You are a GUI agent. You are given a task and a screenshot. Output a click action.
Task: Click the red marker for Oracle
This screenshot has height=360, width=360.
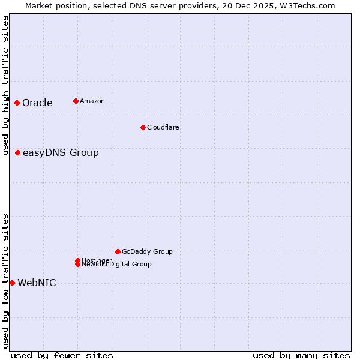17,103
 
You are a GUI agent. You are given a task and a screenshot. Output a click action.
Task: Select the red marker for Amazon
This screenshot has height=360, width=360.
76,101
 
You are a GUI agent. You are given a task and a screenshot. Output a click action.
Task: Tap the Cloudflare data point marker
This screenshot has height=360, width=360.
143,127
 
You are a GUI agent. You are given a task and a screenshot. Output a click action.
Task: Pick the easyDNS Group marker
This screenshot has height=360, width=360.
18,152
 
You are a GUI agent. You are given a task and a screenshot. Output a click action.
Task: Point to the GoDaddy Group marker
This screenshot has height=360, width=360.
118,251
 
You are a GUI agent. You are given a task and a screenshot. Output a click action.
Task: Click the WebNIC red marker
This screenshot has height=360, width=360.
12,283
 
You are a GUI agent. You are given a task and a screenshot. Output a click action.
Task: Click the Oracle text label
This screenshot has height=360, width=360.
37,103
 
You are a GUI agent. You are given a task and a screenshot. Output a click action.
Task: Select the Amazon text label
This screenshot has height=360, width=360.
92,101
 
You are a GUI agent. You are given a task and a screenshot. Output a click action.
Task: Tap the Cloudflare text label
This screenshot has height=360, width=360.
163,127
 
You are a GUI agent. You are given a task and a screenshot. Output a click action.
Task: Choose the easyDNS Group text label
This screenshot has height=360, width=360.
61,152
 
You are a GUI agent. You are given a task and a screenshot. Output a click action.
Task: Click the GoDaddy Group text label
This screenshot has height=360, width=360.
147,251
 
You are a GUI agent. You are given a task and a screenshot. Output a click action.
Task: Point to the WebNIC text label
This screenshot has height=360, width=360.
37,283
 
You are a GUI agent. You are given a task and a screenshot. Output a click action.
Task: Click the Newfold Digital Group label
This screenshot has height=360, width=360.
116,264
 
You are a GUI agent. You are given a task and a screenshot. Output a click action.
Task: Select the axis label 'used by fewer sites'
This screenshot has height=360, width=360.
61,355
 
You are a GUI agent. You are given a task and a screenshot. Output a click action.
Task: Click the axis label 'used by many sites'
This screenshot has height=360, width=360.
301,355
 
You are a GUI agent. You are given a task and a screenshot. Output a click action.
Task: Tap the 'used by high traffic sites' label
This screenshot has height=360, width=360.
5,85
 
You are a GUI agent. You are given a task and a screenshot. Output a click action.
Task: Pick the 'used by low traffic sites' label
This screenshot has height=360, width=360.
5,281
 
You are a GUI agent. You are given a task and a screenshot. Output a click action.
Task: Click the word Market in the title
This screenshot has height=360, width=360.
39,5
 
